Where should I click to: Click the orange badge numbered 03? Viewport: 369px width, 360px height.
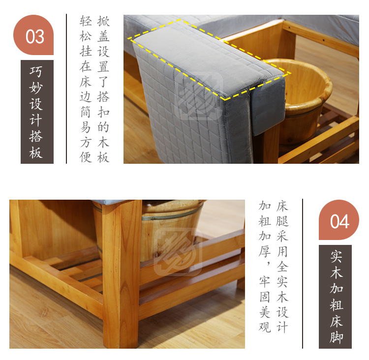[33, 35]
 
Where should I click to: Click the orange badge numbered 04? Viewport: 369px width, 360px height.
[339, 220]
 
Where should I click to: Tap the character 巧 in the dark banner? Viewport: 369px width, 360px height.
[36, 71]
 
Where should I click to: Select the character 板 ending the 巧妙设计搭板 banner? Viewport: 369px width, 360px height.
[36, 152]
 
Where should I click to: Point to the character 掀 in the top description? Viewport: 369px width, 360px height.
[103, 21]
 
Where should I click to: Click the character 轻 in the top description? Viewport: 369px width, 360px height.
[86, 21]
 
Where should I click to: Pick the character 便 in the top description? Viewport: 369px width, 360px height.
[86, 157]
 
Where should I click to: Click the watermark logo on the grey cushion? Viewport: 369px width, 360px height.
[198, 96]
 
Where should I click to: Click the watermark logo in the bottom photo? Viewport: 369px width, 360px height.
[178, 252]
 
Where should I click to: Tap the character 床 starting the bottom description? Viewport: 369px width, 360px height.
[282, 206]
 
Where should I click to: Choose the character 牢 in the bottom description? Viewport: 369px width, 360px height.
[265, 282]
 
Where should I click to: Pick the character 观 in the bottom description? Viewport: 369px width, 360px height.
[265, 327]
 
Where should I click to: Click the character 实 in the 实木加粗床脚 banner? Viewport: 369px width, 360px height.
[337, 256]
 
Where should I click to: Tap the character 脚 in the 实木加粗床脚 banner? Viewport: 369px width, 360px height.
[337, 338]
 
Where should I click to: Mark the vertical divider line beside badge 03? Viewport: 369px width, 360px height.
[66, 89]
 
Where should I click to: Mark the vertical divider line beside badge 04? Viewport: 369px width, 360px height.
[303, 273]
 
